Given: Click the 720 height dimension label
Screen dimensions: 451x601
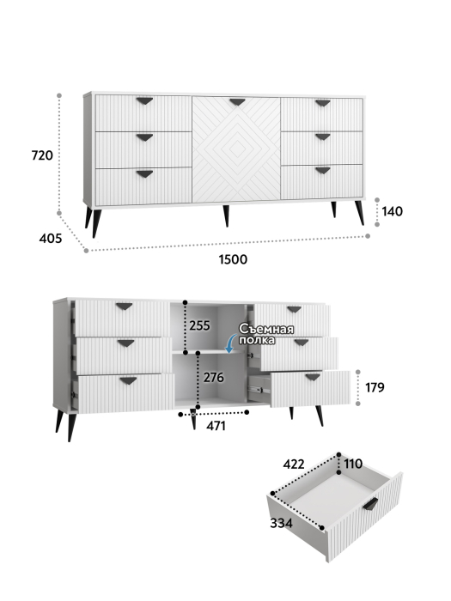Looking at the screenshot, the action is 42,155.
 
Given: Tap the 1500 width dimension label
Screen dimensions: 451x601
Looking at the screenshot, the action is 233,259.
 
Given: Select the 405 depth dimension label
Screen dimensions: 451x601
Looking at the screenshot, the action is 50,239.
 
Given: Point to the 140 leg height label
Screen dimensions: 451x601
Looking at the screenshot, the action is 393,211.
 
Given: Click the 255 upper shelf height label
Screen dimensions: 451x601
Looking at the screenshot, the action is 200,325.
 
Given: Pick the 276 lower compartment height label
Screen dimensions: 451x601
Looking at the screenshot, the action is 214,378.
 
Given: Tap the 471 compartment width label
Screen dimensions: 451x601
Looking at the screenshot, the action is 216,426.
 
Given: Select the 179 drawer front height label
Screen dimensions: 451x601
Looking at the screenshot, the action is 375,387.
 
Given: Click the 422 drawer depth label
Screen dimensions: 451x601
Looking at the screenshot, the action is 294,464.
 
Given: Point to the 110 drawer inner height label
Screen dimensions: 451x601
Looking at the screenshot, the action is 353,464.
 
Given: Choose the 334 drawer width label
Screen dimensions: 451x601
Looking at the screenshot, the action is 281,523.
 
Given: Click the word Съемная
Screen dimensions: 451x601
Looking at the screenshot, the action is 266,329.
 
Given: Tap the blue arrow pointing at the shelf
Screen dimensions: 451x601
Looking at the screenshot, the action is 230,343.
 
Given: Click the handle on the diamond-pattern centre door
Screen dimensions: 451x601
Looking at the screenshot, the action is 237,102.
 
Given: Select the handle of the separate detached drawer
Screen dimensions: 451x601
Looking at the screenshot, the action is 370,503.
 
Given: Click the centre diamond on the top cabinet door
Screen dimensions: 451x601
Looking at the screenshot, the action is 237,149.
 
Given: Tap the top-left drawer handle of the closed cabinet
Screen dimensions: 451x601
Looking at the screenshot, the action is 144,101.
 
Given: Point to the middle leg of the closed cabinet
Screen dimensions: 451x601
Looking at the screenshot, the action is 226,216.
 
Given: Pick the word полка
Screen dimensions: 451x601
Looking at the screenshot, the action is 258,340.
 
